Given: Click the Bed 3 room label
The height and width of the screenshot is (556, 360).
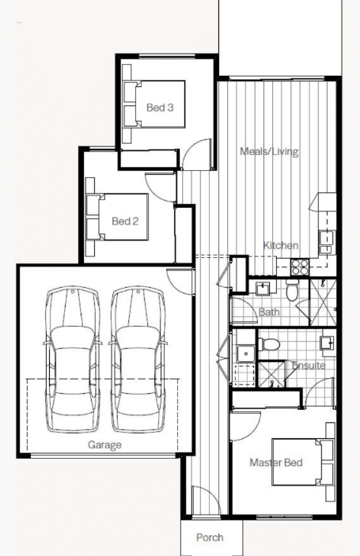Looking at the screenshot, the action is pos(160,107).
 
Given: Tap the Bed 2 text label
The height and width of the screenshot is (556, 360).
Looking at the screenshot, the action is pos(125,221).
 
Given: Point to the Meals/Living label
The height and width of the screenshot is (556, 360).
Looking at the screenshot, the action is pos(269,151).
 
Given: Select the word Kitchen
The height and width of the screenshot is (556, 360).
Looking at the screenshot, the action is pos(281,245).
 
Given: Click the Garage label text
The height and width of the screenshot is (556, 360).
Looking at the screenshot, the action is pos(104,445).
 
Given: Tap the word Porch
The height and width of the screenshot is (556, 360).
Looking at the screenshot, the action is pos(210,538).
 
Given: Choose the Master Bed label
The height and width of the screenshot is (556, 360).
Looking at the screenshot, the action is pos(276,463).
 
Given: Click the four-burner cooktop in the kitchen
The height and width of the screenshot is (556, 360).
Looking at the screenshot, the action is pos(300,267).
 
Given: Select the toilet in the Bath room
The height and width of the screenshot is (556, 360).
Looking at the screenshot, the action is pos(292,290).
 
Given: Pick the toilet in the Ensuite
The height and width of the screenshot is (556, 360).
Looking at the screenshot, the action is pos(269,344).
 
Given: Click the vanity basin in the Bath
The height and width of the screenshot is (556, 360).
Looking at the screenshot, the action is pos(263,289).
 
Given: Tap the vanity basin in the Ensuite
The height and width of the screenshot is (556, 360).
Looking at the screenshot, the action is pos(327,343).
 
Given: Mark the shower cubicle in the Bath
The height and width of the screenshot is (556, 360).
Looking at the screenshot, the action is pos(323,302).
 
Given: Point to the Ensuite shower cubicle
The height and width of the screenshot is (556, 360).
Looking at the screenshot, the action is pos(271,374).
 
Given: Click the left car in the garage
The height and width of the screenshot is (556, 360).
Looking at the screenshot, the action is pos(72,360).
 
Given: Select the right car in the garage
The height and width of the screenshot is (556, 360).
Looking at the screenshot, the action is pos(138,360).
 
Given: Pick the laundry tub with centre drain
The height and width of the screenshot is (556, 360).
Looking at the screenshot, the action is pos(245,354).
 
